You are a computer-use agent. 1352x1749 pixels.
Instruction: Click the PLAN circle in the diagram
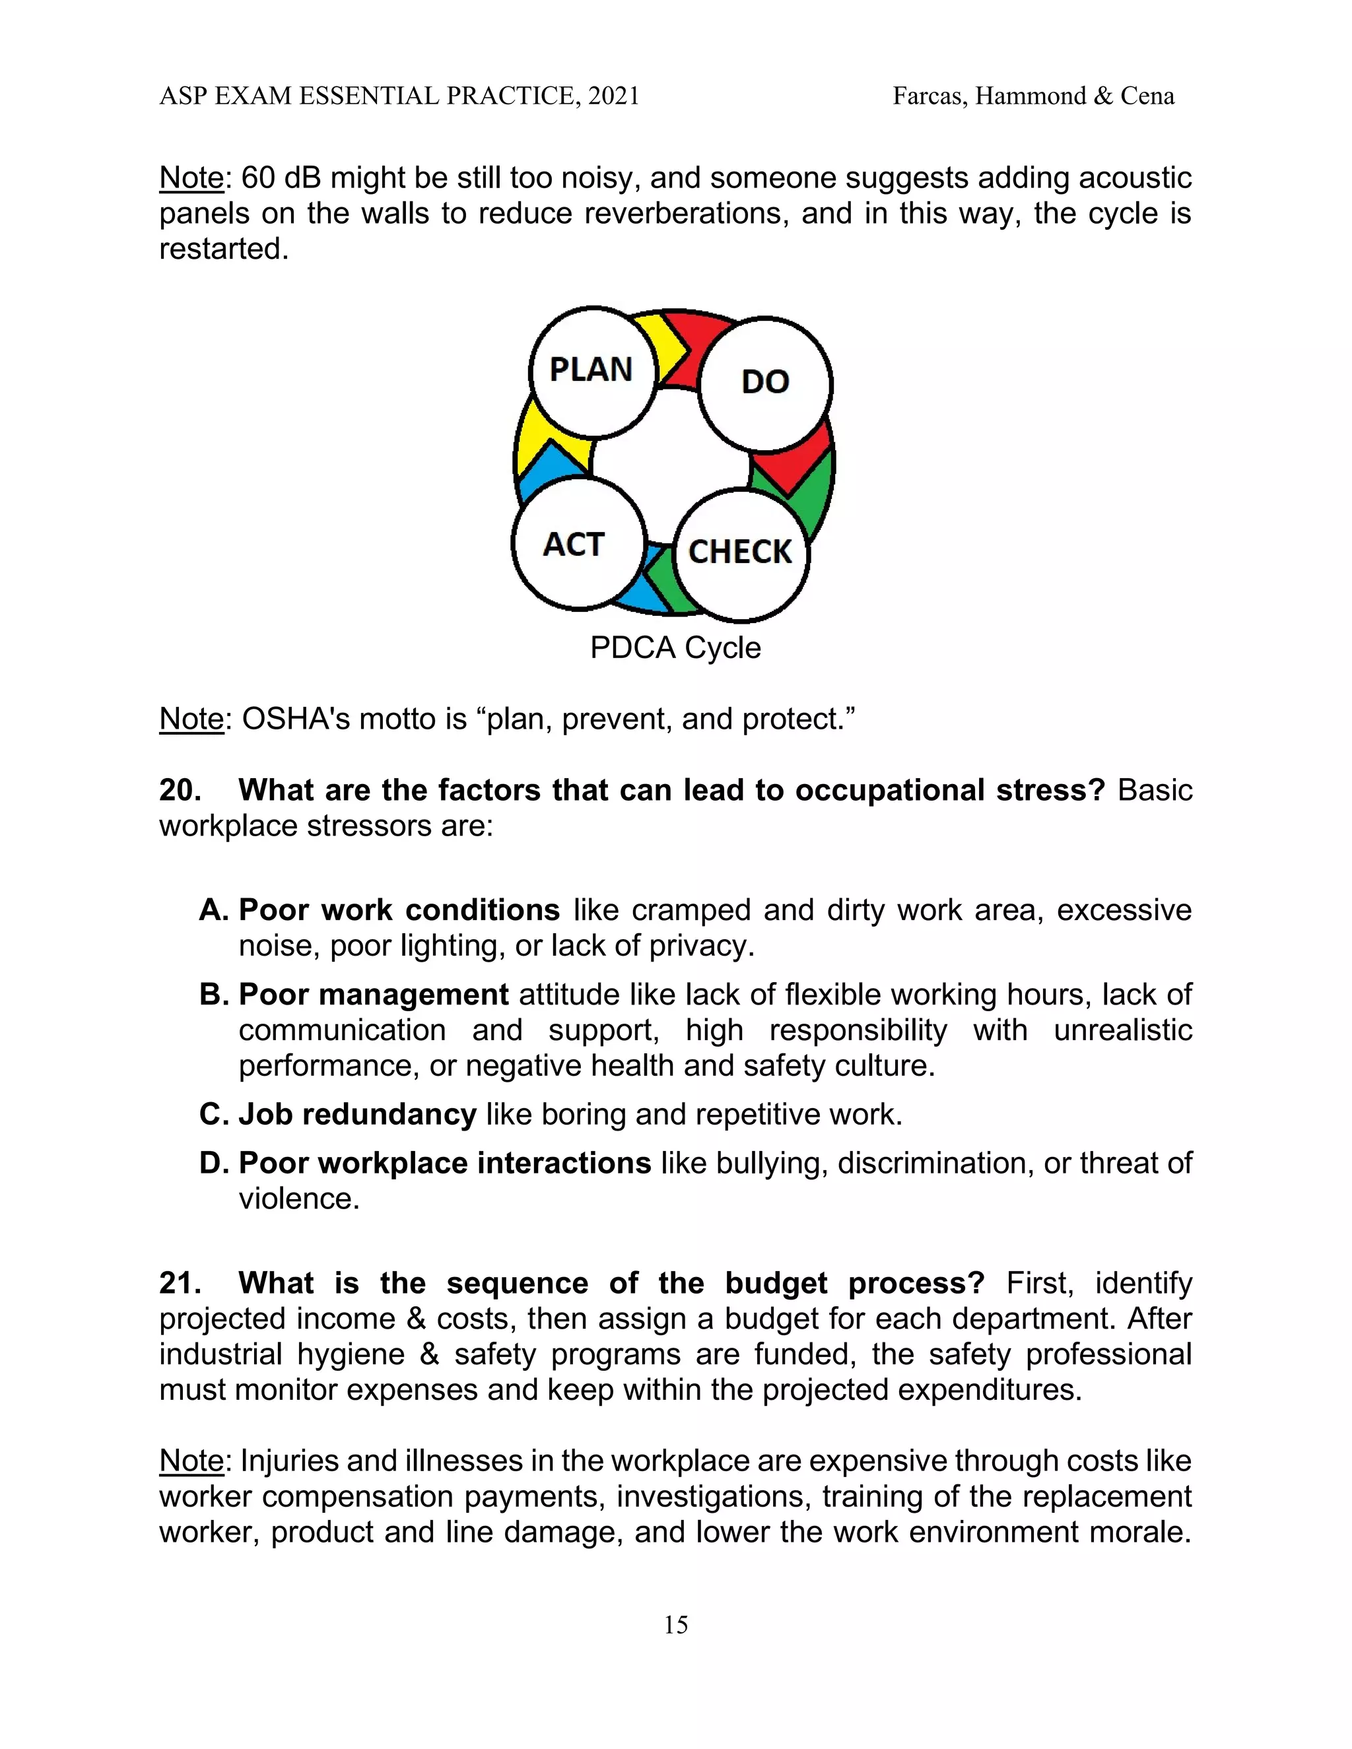[x=593, y=372]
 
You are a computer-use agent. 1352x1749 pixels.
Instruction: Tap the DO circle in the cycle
[x=765, y=383]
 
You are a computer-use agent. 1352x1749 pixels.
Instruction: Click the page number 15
[x=675, y=1625]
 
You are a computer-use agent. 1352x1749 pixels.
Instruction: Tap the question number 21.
[x=180, y=1283]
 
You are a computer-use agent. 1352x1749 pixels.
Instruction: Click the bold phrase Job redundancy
[x=357, y=1115]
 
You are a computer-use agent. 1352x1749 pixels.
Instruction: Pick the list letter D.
[x=214, y=1163]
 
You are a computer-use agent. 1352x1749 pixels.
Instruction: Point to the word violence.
[x=298, y=1199]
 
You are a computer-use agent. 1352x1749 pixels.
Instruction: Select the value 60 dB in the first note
[x=281, y=178]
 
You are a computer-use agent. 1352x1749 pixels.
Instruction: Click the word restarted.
[x=222, y=249]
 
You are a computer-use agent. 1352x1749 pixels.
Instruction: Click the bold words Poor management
[x=373, y=995]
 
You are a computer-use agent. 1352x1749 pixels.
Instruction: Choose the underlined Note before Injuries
[x=191, y=1461]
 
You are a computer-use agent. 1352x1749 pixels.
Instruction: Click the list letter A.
[x=214, y=911]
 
